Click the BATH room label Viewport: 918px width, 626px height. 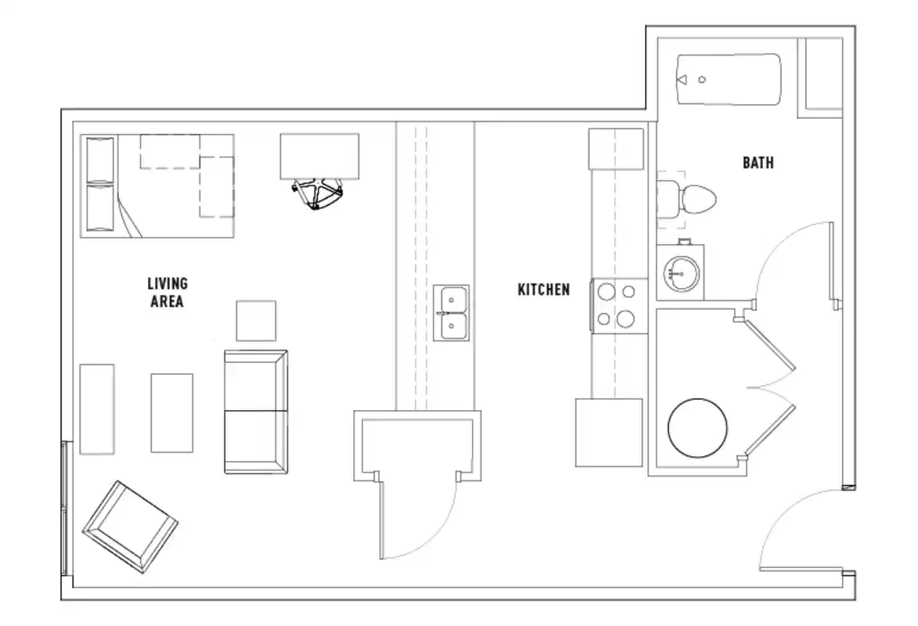(x=758, y=163)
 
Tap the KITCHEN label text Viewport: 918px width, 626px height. (x=544, y=290)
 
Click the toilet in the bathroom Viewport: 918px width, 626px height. (x=687, y=200)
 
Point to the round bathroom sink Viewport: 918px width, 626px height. (x=680, y=272)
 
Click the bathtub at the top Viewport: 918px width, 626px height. (x=728, y=81)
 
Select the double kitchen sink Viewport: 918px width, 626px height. (x=452, y=313)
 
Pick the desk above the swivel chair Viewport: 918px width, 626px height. (x=320, y=156)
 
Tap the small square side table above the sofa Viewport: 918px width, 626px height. (x=256, y=321)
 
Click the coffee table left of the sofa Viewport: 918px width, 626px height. (x=171, y=412)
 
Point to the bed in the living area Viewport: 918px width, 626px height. (x=157, y=186)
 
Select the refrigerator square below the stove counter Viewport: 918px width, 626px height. (x=609, y=432)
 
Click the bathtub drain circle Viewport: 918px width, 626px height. (x=702, y=80)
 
